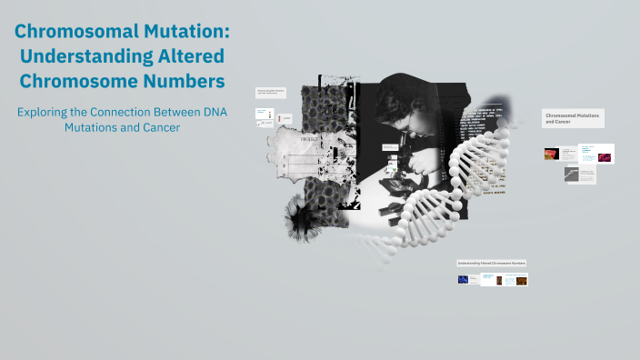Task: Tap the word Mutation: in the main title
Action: pos(187,32)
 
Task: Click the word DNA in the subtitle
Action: pos(213,112)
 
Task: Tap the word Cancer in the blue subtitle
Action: pos(158,128)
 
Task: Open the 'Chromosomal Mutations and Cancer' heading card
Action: pos(573,118)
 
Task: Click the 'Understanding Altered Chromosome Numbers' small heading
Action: pos(492,263)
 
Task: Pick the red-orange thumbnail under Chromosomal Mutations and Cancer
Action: pos(551,154)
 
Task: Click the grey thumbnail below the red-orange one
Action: pos(571,174)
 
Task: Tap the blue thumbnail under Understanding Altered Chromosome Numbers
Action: pos(464,280)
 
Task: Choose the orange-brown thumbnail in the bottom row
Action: pos(521,281)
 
